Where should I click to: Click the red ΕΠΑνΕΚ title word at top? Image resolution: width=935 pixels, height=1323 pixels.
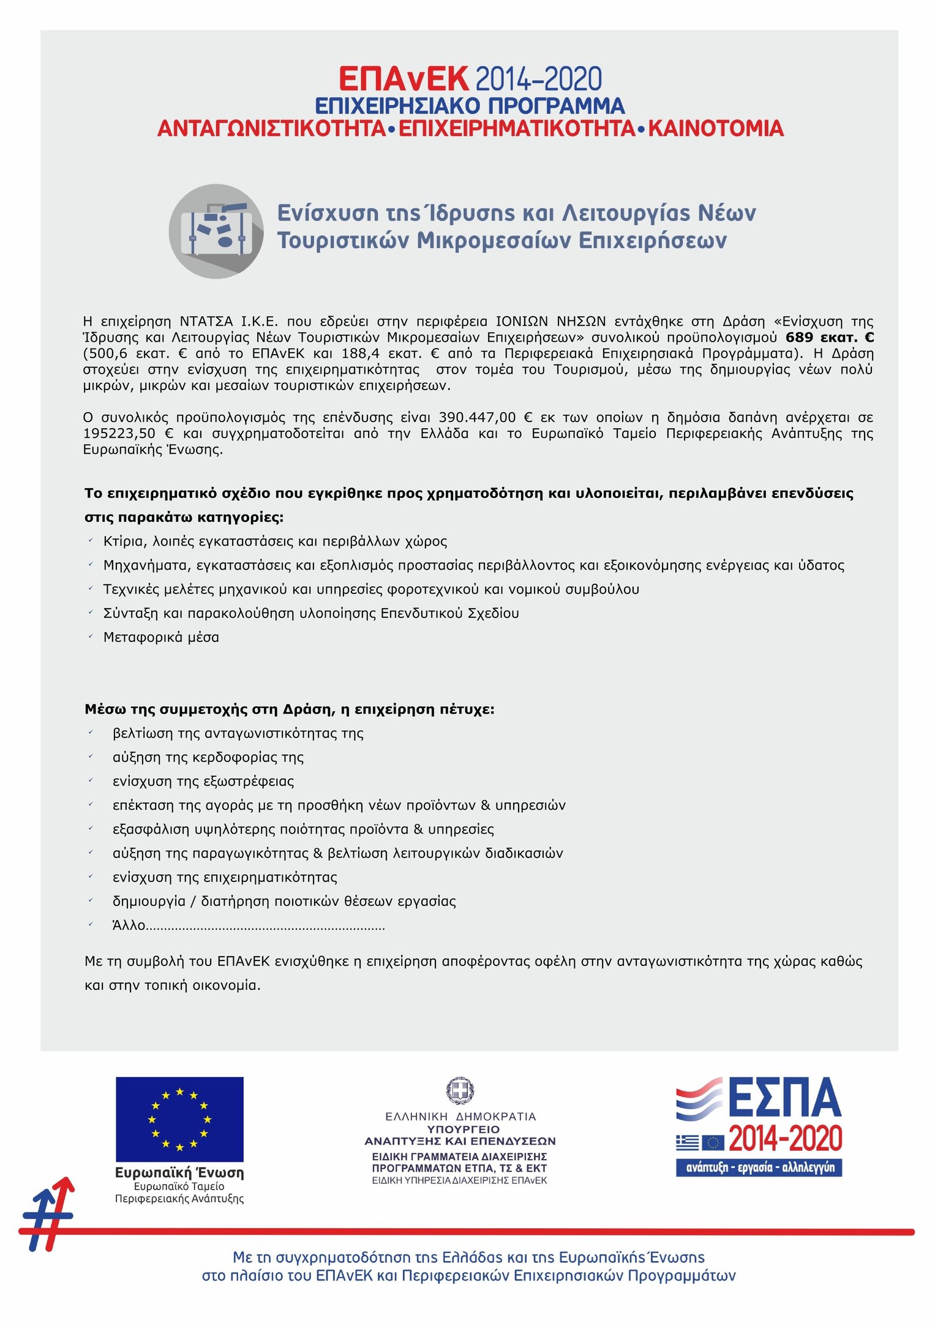coord(404,80)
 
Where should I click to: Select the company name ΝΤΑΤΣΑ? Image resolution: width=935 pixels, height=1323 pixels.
coord(206,322)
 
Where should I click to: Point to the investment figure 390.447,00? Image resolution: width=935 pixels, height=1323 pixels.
coord(477,418)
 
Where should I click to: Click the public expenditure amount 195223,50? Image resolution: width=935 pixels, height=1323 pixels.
coord(119,434)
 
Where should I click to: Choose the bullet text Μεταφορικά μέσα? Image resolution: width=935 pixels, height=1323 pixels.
coord(161,637)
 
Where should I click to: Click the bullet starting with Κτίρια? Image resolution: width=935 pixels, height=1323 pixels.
coord(275,541)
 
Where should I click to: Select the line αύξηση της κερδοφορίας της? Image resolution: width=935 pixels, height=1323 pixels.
coord(208,757)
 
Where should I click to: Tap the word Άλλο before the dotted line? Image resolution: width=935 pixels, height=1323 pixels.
coord(129,925)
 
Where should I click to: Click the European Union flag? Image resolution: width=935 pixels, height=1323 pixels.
coord(179,1119)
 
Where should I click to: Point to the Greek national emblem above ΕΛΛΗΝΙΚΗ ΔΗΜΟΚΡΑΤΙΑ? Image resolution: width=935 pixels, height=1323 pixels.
coord(460,1091)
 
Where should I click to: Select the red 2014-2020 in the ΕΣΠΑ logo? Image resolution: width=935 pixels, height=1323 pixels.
coord(786,1139)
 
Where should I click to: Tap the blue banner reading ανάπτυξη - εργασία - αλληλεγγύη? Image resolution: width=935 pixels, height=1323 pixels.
coord(759,1167)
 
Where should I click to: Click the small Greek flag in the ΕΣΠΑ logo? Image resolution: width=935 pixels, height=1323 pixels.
coord(688,1142)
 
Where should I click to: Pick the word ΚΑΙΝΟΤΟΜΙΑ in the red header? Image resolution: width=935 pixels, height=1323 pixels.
coord(716,129)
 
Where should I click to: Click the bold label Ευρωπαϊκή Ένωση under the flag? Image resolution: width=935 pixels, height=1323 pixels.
coord(179,1173)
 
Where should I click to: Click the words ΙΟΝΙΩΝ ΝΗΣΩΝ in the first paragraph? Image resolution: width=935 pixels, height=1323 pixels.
coord(550,322)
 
